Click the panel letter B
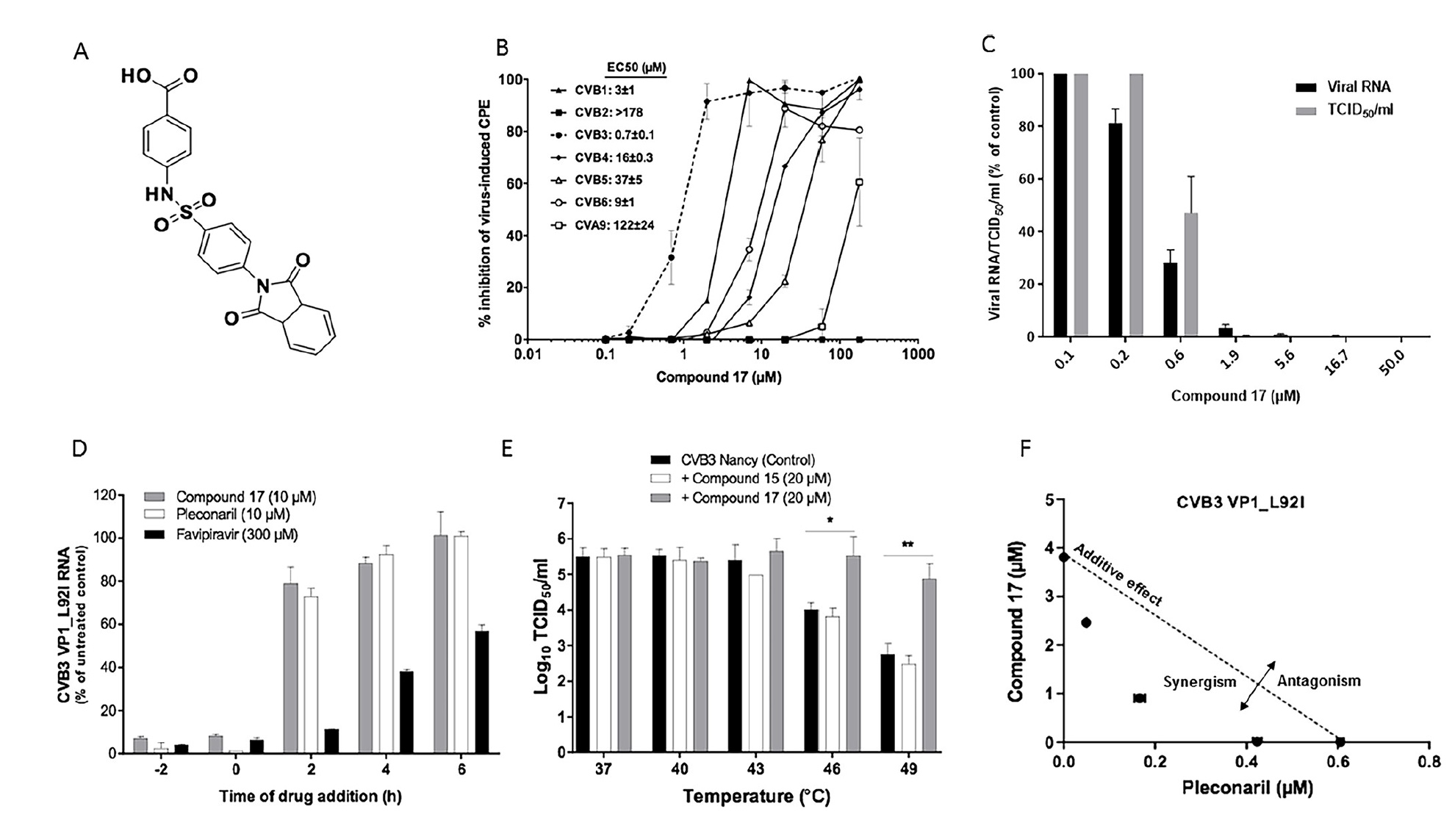[x=503, y=48]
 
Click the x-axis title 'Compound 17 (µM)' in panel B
[x=718, y=378]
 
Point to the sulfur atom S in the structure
[x=185, y=214]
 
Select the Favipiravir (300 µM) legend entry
[x=237, y=535]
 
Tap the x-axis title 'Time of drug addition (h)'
[x=309, y=796]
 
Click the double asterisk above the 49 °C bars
[x=907, y=545]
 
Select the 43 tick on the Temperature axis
[x=755, y=769]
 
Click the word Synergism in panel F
[x=1199, y=682]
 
